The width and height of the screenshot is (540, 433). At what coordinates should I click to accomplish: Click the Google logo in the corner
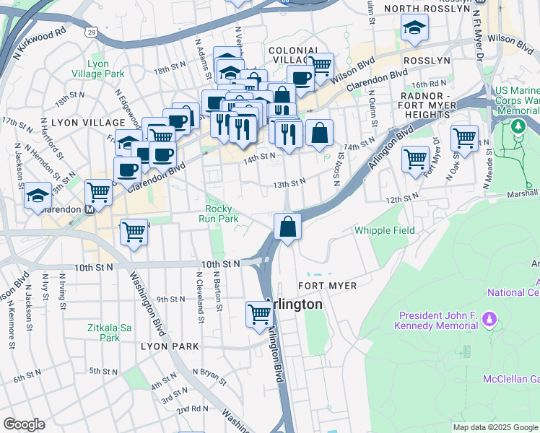[x=24, y=424]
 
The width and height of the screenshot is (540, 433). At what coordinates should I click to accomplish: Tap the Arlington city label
[x=294, y=304]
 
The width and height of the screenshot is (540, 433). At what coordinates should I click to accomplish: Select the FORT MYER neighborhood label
[x=327, y=286]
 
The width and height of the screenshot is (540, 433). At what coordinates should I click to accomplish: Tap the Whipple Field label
[x=384, y=230]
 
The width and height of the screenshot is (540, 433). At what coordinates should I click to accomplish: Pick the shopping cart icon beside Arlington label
[x=259, y=315]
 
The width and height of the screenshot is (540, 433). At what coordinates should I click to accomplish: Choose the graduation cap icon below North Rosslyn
[x=414, y=28]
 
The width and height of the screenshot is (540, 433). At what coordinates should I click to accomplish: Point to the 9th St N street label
[x=171, y=299]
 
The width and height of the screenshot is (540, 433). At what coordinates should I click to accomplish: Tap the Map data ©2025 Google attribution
[x=495, y=427]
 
